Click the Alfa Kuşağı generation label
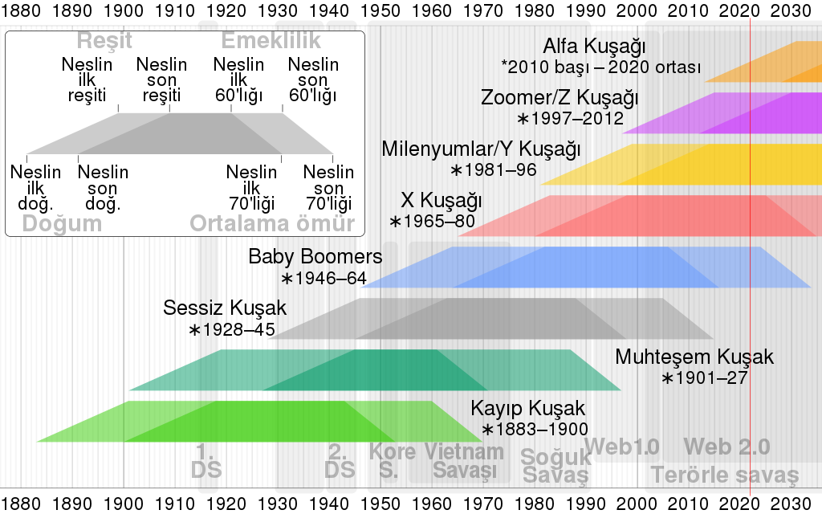coord(594,46)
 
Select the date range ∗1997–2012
coord(570,119)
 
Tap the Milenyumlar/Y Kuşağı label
coord(481,149)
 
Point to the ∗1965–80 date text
coord(433,221)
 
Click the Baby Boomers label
coord(315,257)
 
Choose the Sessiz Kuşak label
coord(225,308)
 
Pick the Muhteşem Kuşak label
coord(694,357)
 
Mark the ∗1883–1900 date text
coord(535,429)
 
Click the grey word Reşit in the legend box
coord(104,41)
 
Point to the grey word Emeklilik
coord(271,41)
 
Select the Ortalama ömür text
coord(272,224)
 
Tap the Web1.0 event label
coord(622,447)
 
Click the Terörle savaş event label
coord(725,474)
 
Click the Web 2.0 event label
coord(726,447)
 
